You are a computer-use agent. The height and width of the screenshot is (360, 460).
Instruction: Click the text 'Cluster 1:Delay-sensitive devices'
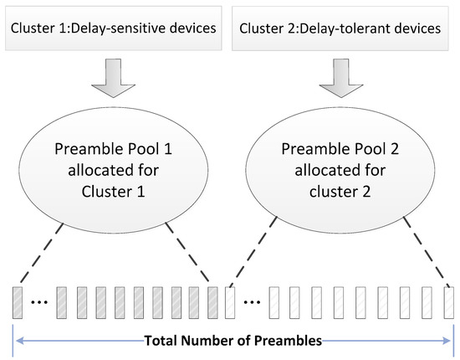[113, 29]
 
